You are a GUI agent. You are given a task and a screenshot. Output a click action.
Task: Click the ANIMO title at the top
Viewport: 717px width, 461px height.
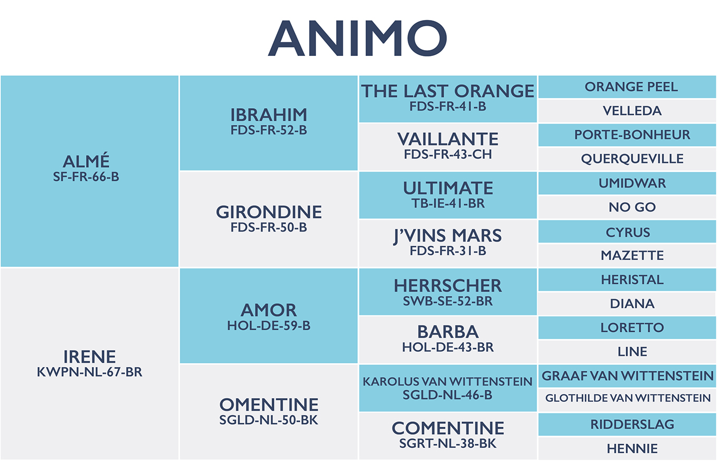coord(357,38)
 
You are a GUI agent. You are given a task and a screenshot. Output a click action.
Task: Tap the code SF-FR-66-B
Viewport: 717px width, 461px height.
coord(86,177)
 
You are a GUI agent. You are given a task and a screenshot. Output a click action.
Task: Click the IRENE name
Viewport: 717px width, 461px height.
coord(89,357)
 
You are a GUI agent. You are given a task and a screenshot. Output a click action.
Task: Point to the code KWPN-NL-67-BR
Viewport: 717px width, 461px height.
coord(89,372)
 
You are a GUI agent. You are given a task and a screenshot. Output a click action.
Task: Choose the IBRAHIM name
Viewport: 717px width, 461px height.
coord(269,115)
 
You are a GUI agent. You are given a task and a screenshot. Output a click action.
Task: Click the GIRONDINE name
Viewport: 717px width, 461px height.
coord(269,212)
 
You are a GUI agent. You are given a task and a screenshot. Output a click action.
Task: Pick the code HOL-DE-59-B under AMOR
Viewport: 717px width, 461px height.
coord(269,325)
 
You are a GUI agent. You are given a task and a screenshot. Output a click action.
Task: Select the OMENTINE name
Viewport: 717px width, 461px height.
coord(269,405)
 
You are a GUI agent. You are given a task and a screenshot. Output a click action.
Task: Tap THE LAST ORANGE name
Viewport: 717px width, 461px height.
coord(448,91)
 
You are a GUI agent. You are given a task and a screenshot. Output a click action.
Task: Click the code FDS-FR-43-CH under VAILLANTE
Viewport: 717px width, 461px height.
coord(448,155)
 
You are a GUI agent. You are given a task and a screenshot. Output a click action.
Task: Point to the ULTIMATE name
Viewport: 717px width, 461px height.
coord(448,188)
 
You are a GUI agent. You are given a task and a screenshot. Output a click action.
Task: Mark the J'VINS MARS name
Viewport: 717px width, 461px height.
coord(448,236)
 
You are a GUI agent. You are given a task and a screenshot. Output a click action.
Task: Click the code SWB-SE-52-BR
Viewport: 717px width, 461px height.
coord(448,301)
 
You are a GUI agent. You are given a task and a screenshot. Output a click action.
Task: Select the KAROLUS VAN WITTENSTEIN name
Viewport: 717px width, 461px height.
coord(447,382)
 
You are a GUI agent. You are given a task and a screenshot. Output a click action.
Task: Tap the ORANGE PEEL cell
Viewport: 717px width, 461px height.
coord(627,87)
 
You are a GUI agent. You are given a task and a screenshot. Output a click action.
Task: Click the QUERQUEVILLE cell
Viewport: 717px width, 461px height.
coord(627,159)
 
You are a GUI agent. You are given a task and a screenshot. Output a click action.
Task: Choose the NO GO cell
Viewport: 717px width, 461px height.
coord(627,207)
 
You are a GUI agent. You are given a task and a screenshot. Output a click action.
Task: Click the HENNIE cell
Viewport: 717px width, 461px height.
coord(627,448)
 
